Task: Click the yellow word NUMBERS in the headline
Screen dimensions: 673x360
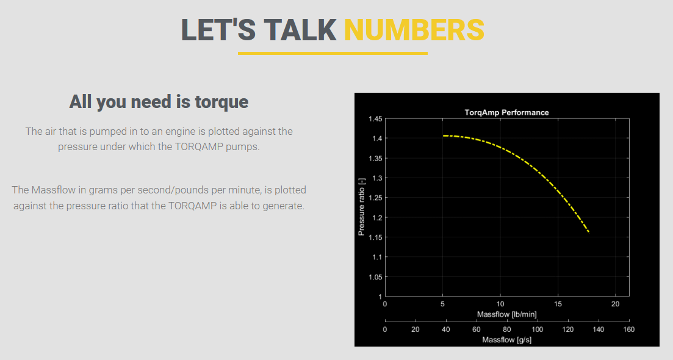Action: (x=414, y=30)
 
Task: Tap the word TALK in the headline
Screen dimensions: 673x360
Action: (x=300, y=30)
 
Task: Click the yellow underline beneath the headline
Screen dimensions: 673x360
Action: (x=333, y=53)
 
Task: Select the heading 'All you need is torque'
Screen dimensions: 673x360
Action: (x=159, y=102)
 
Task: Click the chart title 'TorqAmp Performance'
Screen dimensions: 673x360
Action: (x=506, y=112)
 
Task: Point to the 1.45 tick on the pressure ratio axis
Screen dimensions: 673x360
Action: (x=375, y=119)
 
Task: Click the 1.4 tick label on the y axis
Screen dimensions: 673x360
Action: (x=377, y=138)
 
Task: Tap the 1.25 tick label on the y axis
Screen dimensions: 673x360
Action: (x=375, y=198)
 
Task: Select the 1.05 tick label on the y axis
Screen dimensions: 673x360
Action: (x=375, y=277)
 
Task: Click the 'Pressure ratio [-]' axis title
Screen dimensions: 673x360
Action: (x=361, y=207)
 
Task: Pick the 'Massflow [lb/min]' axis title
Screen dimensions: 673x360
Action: (x=506, y=314)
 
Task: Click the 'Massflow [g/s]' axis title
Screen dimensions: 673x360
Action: (x=506, y=340)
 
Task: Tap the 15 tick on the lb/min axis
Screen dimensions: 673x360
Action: (x=558, y=304)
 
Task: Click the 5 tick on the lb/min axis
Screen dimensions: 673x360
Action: (x=442, y=304)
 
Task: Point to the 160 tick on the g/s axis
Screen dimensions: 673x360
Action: (x=629, y=329)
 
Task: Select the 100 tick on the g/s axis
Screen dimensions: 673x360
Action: (x=538, y=329)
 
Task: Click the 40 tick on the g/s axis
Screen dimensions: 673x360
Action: (x=446, y=329)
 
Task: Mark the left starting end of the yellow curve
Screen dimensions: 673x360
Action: (x=444, y=135)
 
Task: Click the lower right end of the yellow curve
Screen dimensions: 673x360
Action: (x=588, y=232)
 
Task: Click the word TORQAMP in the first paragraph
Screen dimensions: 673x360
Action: (x=199, y=147)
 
